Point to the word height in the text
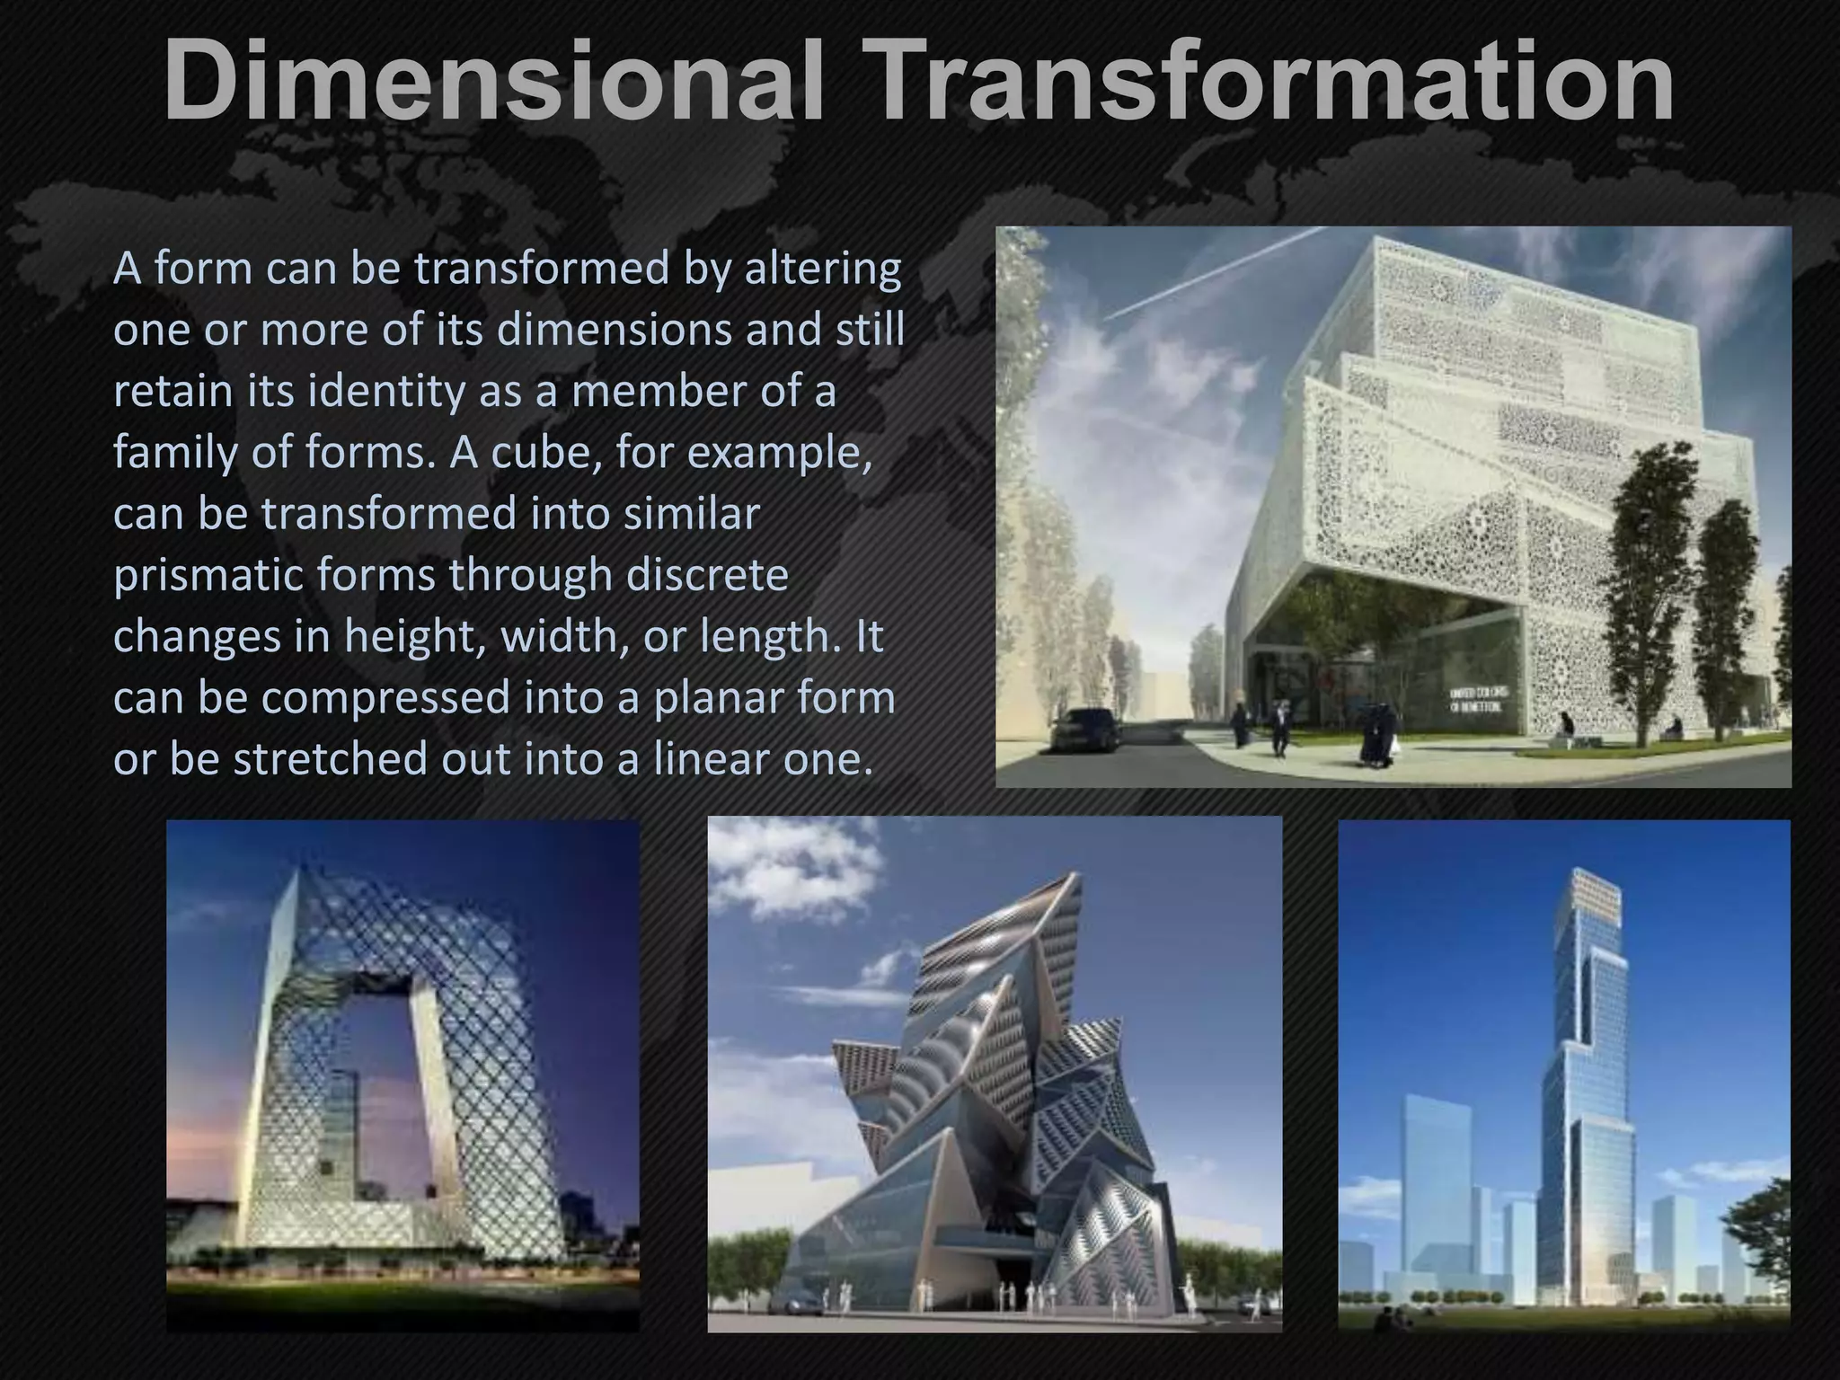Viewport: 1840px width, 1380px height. coord(417,637)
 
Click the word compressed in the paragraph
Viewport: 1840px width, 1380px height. coord(387,698)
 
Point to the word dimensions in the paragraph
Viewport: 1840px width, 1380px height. coord(615,330)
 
